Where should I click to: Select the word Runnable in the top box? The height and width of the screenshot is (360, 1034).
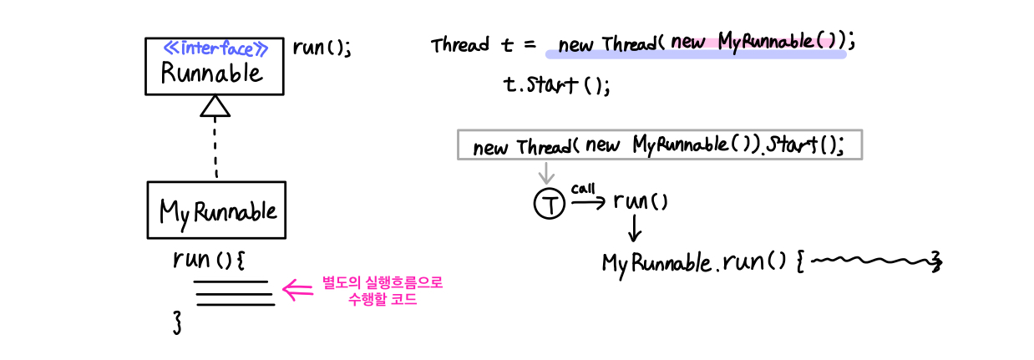(212, 74)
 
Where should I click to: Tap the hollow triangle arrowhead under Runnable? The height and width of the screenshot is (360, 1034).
(215, 106)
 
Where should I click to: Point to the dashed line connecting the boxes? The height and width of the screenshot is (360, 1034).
(215, 147)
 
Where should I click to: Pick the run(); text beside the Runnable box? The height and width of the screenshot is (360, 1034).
(322, 48)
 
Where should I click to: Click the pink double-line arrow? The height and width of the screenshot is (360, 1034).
(297, 291)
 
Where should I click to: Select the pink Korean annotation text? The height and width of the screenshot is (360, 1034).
(383, 291)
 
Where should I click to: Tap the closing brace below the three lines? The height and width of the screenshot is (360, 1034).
(177, 322)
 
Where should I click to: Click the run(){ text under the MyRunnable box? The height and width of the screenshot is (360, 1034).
(209, 260)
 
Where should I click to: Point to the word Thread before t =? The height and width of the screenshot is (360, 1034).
(459, 45)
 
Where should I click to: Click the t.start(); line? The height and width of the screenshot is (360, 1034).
(557, 85)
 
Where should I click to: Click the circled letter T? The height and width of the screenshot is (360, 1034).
(550, 204)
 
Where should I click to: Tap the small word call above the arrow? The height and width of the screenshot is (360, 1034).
(583, 189)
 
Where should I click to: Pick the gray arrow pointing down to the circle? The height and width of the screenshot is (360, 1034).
(546, 173)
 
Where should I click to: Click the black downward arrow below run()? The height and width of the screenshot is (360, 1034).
(635, 229)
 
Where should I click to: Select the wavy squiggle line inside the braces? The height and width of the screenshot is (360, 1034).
(872, 261)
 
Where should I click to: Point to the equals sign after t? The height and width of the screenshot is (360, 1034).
(530, 45)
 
